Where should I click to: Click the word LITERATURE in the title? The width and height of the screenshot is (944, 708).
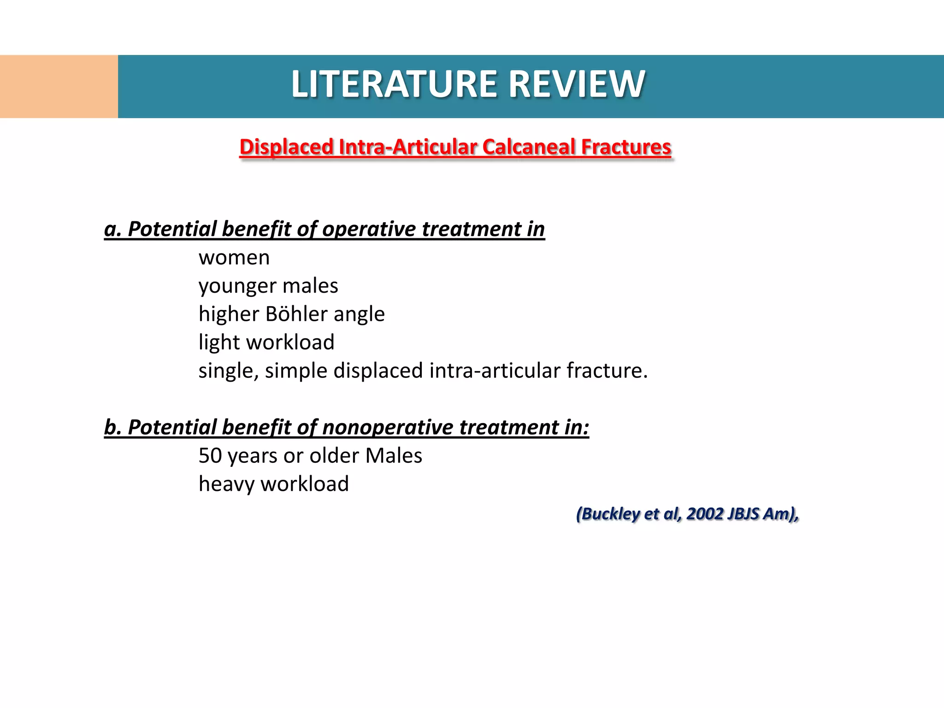[x=395, y=84]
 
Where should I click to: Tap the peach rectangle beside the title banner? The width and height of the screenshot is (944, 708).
[x=59, y=87]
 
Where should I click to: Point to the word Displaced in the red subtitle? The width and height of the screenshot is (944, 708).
[x=286, y=147]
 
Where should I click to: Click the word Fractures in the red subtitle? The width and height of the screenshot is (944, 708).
[x=626, y=147]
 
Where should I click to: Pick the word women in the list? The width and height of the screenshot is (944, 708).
[x=234, y=258]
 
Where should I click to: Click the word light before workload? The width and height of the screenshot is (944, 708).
[x=219, y=342]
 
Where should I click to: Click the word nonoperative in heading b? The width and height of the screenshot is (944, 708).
[x=388, y=427]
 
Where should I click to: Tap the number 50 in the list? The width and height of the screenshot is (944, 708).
[x=210, y=456]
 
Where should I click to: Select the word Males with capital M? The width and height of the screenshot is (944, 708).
[x=394, y=456]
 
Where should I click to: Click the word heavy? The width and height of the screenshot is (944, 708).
[x=226, y=484]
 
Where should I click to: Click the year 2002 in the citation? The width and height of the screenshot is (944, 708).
[x=704, y=513]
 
